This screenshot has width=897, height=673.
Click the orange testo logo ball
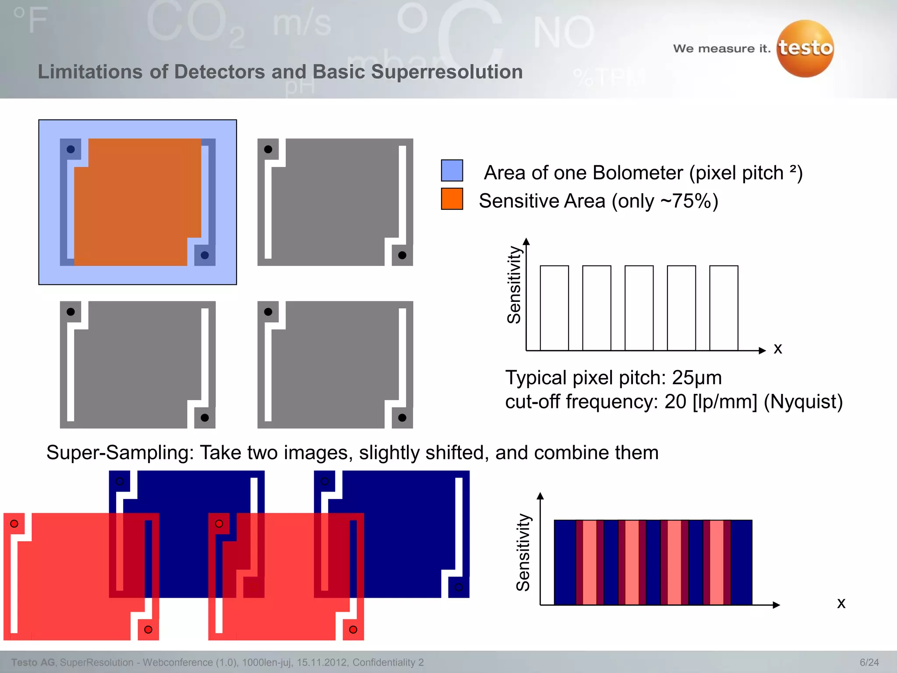point(805,49)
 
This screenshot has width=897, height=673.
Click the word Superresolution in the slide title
point(447,72)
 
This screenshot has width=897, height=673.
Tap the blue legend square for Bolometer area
point(452,170)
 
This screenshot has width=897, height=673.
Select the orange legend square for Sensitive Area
point(452,199)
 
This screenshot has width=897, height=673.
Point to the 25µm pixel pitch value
point(697,378)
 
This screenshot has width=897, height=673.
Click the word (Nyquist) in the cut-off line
point(803,402)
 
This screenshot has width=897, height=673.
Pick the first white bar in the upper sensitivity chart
point(554,308)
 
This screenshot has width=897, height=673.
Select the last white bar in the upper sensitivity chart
point(724,308)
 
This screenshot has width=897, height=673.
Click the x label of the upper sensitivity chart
point(778,349)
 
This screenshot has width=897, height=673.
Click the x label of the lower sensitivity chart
point(841,603)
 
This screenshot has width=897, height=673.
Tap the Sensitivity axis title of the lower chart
point(523,552)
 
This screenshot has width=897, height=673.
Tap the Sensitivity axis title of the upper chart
point(514,285)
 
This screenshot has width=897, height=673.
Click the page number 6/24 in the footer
point(869,662)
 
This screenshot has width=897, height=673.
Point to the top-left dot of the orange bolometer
point(71,149)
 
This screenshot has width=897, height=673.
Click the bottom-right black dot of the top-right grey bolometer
point(402,255)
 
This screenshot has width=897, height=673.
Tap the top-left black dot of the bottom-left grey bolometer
point(71,312)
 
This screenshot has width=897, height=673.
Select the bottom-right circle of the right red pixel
point(353,630)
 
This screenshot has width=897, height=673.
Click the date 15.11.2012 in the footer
point(322,662)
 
